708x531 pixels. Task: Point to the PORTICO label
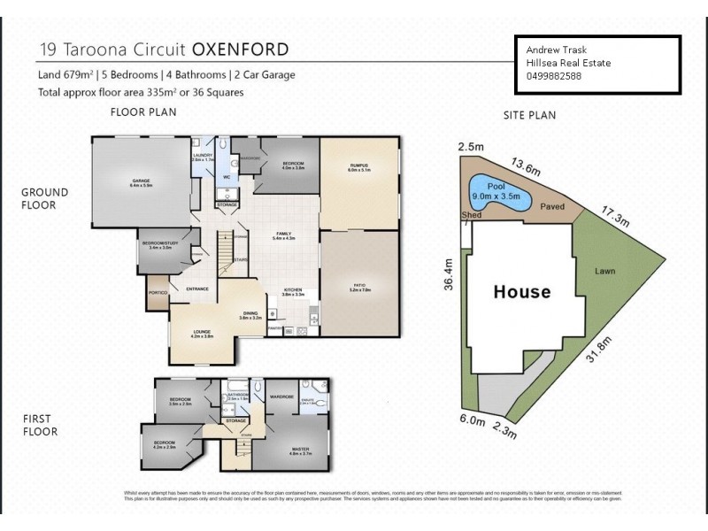[x=158, y=294]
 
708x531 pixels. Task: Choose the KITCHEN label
[x=294, y=290]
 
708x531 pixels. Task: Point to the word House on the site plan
[x=521, y=292]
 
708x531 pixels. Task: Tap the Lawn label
[x=604, y=271]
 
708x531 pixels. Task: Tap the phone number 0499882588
[x=550, y=76]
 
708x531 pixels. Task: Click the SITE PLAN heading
[x=529, y=115]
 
